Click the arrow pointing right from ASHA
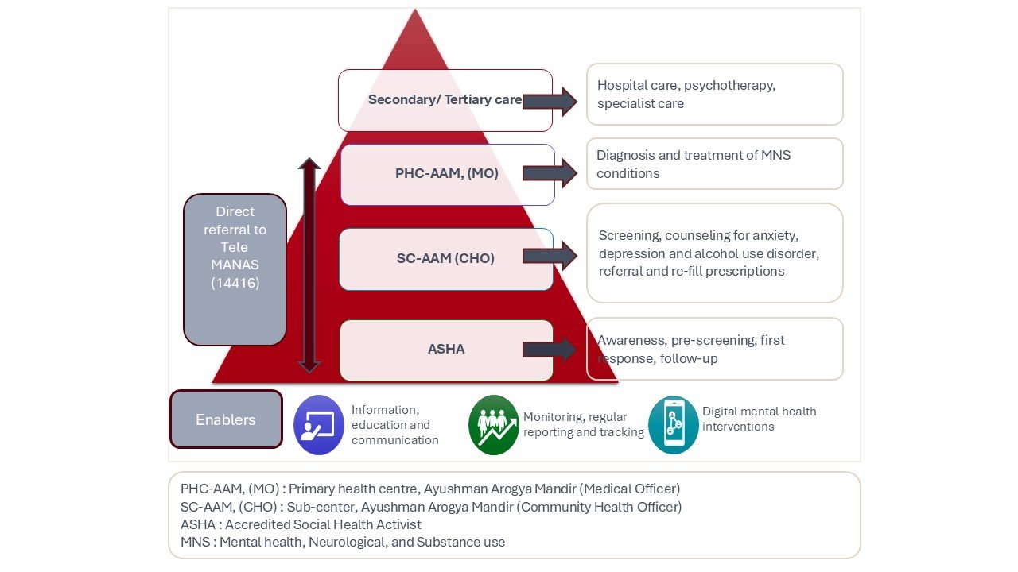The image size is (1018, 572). point(550,350)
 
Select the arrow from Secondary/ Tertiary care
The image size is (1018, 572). point(550,101)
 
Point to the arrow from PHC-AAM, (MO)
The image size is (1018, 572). point(550,173)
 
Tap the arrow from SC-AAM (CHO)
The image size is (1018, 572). point(550,256)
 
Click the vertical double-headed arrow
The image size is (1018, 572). point(309,265)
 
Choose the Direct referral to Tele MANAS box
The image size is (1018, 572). point(235,269)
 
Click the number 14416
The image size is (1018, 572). point(235,283)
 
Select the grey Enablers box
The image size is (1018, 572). point(226,419)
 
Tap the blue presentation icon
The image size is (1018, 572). point(319,425)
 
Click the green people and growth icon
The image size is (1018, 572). point(493,425)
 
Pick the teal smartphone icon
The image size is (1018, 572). point(673,425)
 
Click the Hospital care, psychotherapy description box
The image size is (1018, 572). point(714,95)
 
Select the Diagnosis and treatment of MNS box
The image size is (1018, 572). point(714,164)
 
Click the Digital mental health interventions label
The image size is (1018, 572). point(759,419)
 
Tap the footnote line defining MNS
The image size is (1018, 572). point(342,542)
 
